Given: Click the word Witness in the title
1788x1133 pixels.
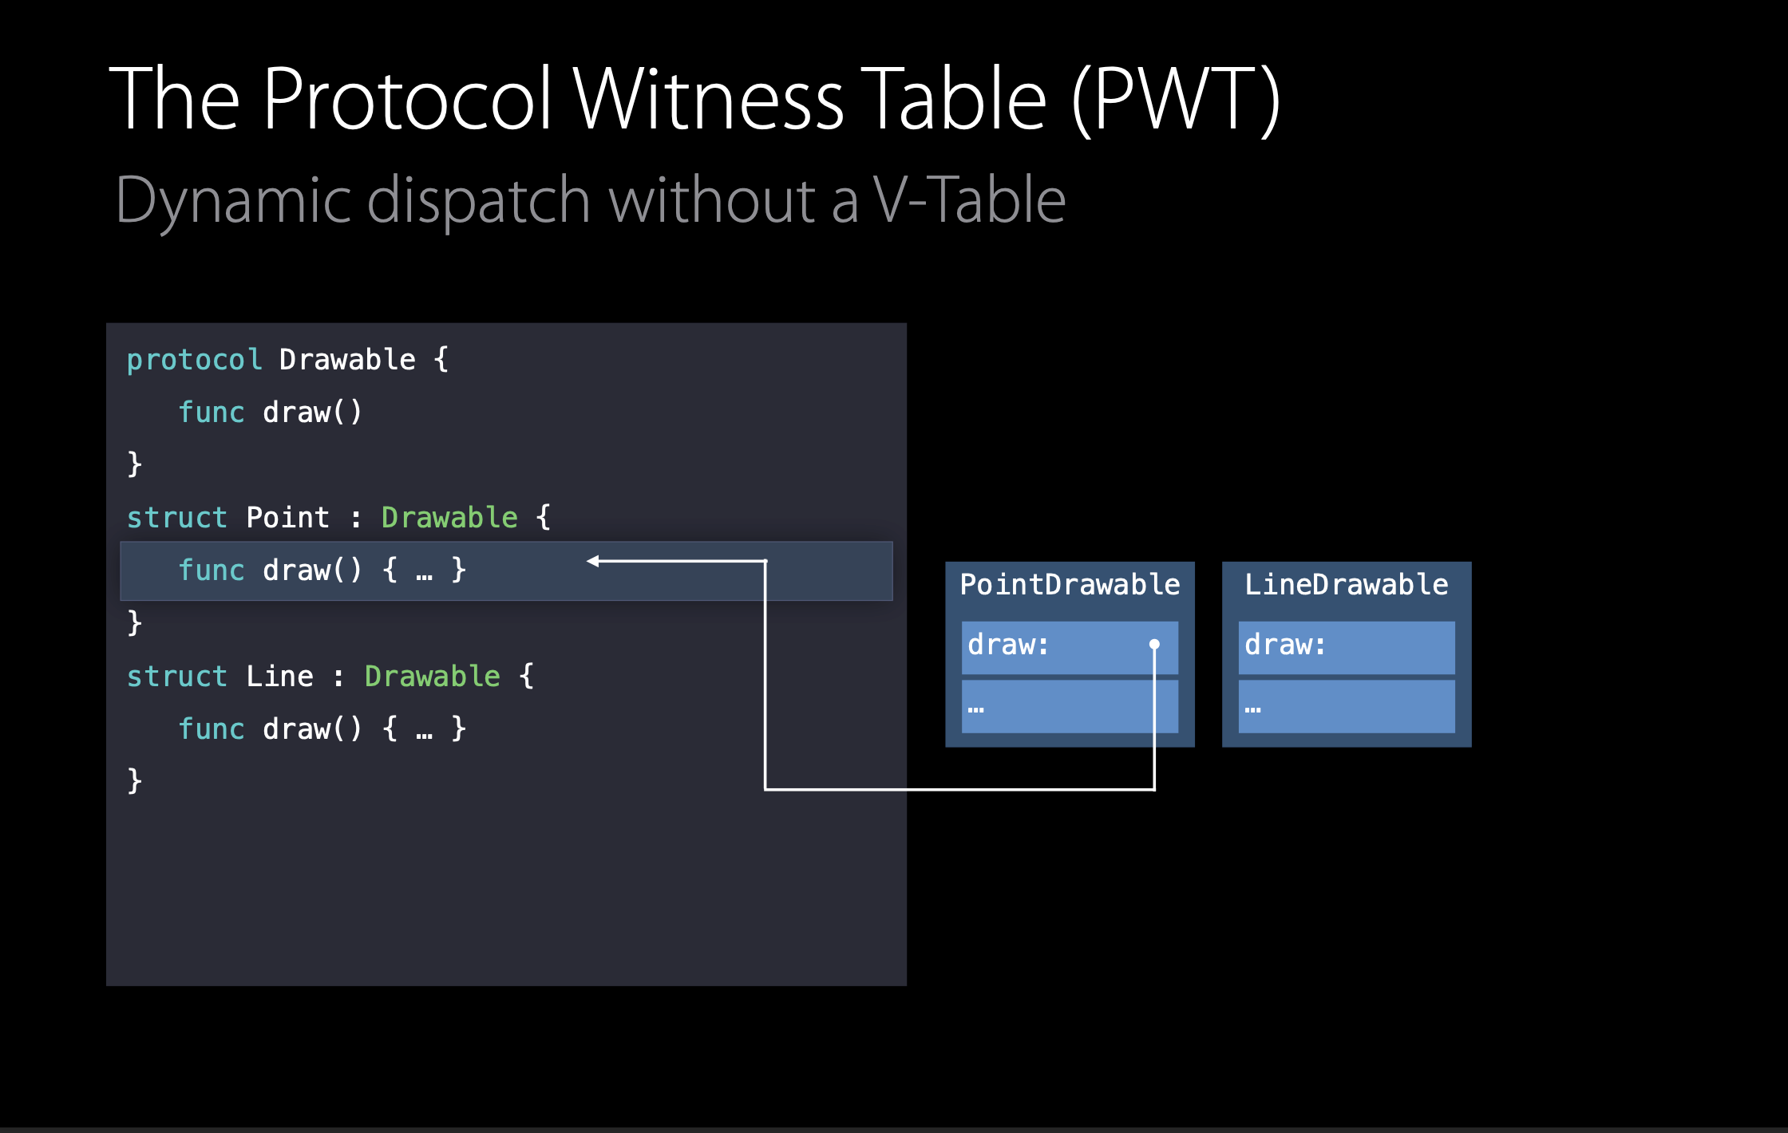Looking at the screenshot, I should [x=708, y=99].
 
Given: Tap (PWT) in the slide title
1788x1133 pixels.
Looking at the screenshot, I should [x=1176, y=99].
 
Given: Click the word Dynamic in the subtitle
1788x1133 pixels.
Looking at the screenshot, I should [x=233, y=199].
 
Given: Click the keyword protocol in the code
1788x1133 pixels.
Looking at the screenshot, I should [x=194, y=360].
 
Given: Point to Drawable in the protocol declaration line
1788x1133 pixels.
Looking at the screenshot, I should [x=347, y=360].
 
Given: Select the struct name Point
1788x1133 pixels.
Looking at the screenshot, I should [x=287, y=518].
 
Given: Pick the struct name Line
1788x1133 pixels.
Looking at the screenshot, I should [x=279, y=677].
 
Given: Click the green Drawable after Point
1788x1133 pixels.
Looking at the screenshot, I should [x=449, y=518].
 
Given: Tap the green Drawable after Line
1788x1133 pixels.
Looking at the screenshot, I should [x=433, y=677].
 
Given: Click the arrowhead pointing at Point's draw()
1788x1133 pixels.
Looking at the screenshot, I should [x=593, y=561].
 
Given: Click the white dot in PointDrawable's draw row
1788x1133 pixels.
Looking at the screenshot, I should [x=1154, y=644].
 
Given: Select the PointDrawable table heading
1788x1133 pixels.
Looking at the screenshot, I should [x=1070, y=585].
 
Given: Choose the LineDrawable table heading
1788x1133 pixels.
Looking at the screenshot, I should [x=1346, y=585].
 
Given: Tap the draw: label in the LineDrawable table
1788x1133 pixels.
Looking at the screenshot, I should [x=1285, y=645].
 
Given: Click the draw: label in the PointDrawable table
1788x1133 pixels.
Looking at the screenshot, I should [x=1008, y=645].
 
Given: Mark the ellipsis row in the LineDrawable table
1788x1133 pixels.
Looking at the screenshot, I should [x=1346, y=707].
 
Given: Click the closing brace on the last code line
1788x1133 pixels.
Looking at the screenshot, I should [x=135, y=780].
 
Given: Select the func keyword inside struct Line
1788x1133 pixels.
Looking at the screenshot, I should [x=211, y=728].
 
